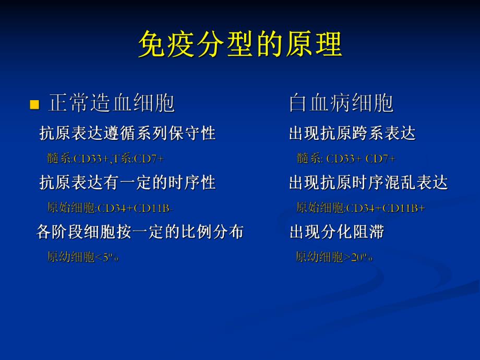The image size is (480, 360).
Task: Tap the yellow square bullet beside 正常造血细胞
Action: tap(35, 105)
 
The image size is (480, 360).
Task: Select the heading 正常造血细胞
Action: tap(111, 103)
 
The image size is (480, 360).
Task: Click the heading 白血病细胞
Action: tap(341, 103)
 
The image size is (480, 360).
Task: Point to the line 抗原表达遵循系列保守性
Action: tap(128, 134)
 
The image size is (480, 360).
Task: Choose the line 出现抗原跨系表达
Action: tap(352, 134)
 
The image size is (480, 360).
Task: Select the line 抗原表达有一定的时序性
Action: tap(128, 183)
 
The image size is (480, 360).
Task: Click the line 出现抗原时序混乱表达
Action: tap(368, 183)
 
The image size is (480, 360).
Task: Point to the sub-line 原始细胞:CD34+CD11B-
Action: tap(110, 208)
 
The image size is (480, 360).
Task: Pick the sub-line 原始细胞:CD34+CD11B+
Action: tap(361, 208)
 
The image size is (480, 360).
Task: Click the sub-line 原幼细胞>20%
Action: tap(334, 257)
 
